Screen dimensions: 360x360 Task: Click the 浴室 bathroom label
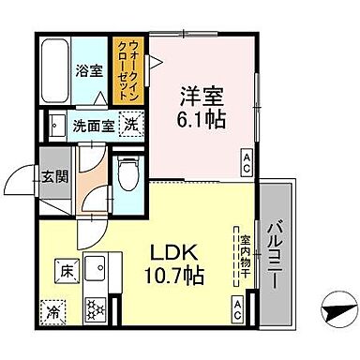coord(91,70)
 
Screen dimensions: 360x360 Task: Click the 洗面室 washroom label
coord(95,127)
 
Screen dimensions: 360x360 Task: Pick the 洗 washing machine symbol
coord(134,126)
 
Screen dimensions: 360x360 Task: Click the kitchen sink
coord(96,271)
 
